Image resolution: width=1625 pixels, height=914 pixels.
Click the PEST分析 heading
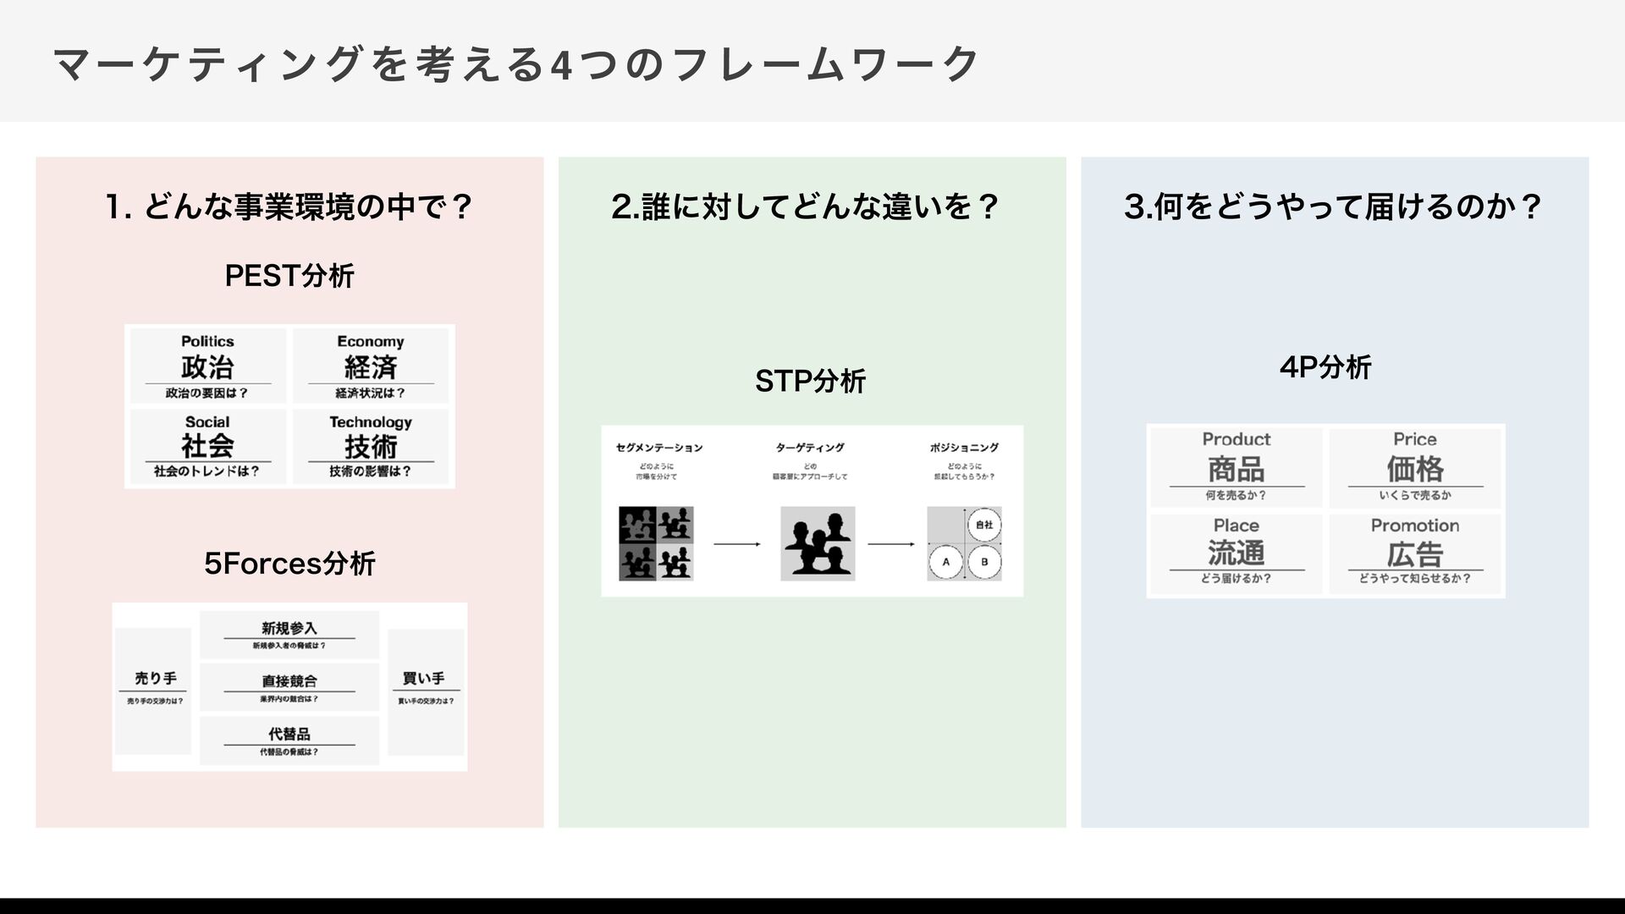[289, 276]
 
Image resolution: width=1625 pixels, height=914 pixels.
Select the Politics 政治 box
[207, 366]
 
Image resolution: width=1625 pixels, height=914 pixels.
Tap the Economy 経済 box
[371, 366]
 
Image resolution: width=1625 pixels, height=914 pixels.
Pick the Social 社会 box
[207, 446]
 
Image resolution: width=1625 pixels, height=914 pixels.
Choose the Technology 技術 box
[371, 446]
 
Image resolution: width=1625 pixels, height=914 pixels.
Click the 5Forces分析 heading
[289, 564]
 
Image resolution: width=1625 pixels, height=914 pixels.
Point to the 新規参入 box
[289, 635]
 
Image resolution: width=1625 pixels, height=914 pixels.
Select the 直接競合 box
[289, 687]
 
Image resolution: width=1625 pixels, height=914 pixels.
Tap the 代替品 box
[289, 740]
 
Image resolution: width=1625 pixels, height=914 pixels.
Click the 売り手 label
[156, 679]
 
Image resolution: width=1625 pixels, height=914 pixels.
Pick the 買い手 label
[424, 679]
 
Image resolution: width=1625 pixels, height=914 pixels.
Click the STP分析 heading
[810, 382]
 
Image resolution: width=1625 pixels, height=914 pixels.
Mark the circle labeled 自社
[983, 525]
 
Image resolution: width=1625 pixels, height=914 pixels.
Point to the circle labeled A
[946, 562]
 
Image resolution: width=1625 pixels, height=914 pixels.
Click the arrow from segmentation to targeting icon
[736, 544]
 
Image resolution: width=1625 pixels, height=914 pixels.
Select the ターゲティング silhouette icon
[818, 543]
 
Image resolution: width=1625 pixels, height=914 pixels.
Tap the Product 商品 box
[1237, 468]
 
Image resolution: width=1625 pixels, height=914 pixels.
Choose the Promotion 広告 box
[1415, 553]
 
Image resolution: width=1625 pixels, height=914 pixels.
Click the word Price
[1415, 439]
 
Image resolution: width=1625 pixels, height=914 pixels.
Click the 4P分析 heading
[1325, 367]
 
